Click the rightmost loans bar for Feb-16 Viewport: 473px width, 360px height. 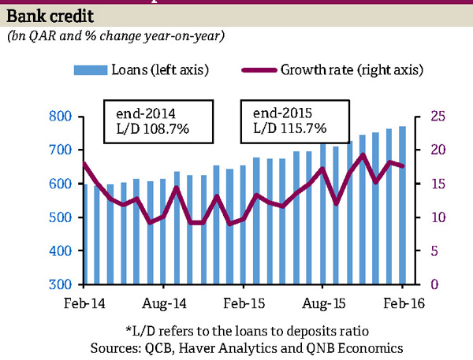[403, 205]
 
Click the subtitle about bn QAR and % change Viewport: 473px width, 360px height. [115, 36]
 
